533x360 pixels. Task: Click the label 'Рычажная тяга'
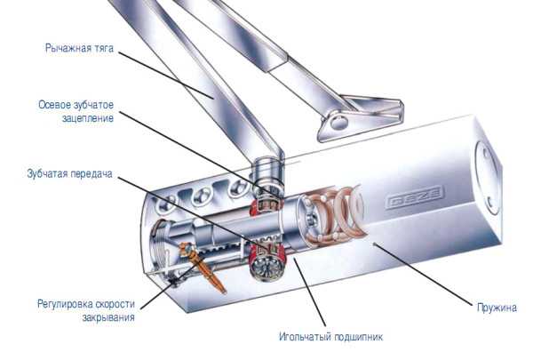coord(79,49)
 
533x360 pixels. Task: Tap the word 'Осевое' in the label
coord(53,105)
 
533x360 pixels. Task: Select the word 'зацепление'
coord(88,118)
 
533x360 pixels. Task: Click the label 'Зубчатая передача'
coord(69,173)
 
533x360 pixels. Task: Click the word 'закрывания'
coord(108,317)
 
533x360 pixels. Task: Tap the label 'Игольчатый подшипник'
coord(330,337)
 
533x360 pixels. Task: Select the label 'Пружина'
coord(497,308)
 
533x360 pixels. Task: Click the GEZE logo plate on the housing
coord(415,197)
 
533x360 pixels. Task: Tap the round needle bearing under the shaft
coord(266,267)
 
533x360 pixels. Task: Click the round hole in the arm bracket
coord(339,122)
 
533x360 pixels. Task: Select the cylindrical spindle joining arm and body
coord(267,173)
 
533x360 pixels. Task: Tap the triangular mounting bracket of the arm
coord(361,117)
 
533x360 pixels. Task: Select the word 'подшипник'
coord(359,337)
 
